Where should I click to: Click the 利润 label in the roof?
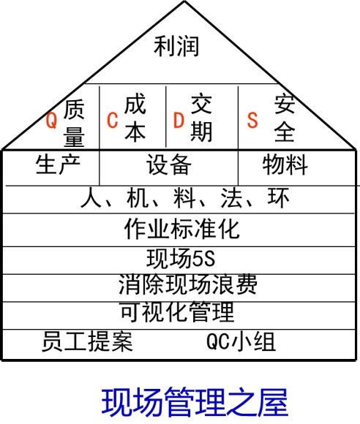click(x=176, y=46)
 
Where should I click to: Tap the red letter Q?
click(x=51, y=121)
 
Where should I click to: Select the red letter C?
click(x=113, y=120)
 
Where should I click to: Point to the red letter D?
click(x=179, y=120)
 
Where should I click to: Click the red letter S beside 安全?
click(x=252, y=120)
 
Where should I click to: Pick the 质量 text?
click(x=74, y=124)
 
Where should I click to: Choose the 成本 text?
click(x=135, y=118)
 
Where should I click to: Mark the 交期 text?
click(x=201, y=118)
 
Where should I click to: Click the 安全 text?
click(x=285, y=118)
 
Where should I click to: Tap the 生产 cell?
click(x=58, y=164)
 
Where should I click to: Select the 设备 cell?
click(x=169, y=164)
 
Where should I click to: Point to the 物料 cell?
click(x=285, y=164)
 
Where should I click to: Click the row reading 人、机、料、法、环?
click(x=185, y=198)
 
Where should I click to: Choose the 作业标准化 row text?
click(x=182, y=229)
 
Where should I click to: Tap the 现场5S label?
click(x=181, y=259)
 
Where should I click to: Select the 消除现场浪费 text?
click(x=187, y=284)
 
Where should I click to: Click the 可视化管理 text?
click(x=177, y=311)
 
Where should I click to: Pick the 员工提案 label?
click(x=87, y=341)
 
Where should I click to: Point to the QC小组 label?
click(x=241, y=341)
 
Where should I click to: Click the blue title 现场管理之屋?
click(x=195, y=402)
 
